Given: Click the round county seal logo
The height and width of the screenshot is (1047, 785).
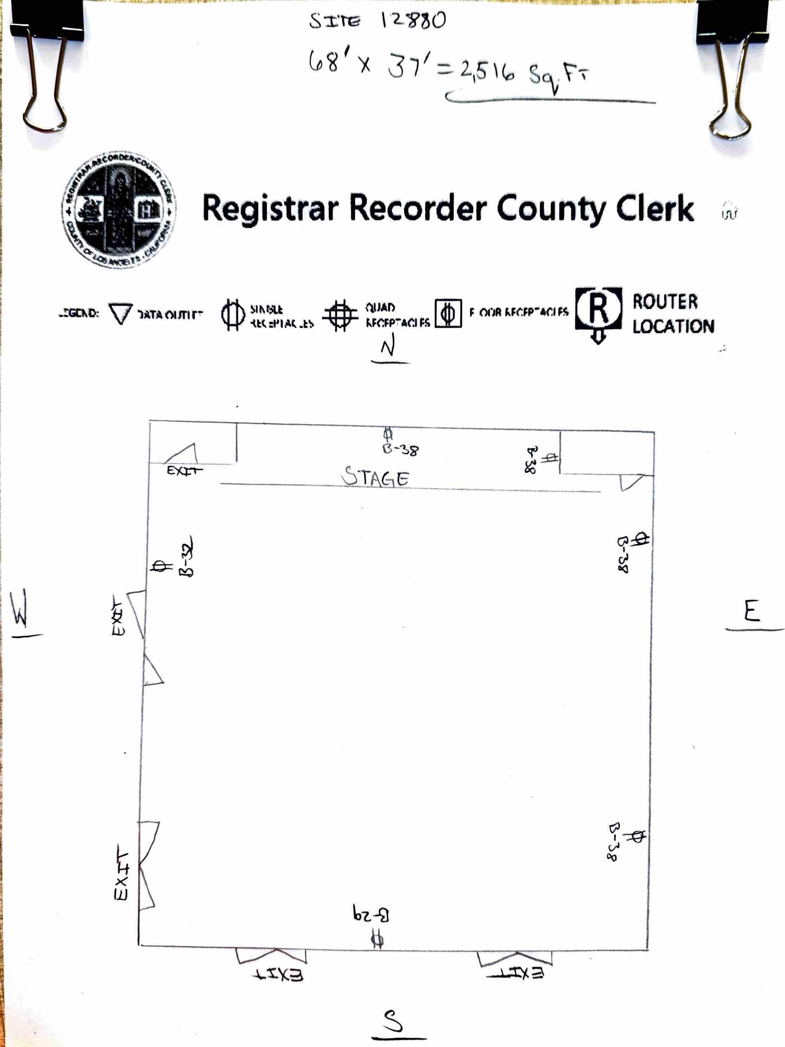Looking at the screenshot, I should pyautogui.click(x=119, y=209).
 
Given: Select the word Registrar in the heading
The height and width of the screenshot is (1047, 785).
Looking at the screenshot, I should pyautogui.click(x=270, y=208).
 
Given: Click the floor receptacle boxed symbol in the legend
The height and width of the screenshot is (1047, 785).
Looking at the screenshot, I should pyautogui.click(x=448, y=313).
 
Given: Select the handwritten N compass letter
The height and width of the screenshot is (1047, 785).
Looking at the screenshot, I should pyautogui.click(x=388, y=347).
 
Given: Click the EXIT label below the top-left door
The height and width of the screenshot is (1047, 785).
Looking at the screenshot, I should pyautogui.click(x=184, y=471).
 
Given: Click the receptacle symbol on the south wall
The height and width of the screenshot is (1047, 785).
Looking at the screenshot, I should pyautogui.click(x=377, y=938).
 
